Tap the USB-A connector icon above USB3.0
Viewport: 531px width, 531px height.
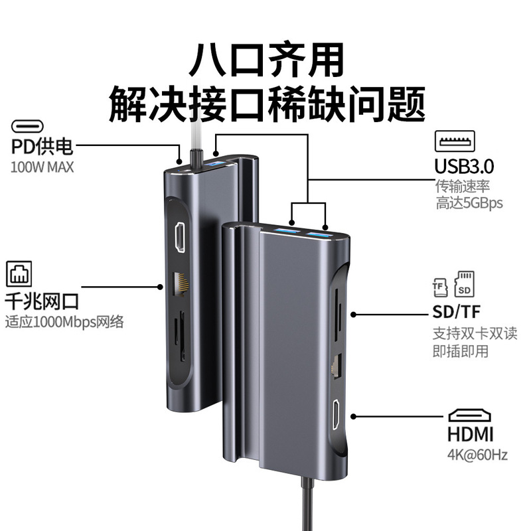pos(455,141)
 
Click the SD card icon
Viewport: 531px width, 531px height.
pos(463,285)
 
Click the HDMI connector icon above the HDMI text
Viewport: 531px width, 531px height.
pos(470,416)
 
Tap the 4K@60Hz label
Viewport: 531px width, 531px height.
pos(469,456)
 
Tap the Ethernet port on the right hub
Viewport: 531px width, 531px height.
pos(336,364)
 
